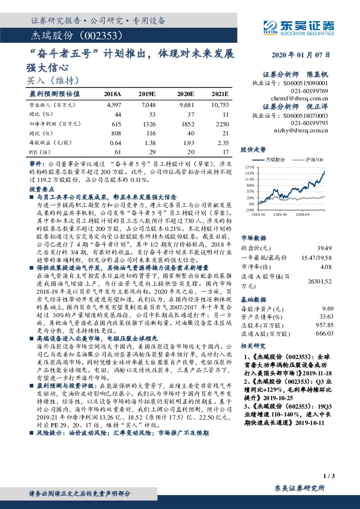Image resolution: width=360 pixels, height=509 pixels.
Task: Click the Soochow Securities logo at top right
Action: point(306,25)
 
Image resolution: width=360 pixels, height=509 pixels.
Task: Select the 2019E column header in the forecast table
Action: point(147,95)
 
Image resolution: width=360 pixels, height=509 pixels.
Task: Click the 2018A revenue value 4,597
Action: point(114,105)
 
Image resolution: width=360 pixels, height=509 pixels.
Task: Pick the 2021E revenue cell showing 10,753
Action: point(220,105)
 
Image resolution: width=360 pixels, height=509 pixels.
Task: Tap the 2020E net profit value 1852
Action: point(185,123)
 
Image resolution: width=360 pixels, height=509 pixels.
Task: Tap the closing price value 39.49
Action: point(326,247)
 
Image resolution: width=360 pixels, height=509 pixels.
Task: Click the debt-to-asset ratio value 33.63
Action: point(326,316)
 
